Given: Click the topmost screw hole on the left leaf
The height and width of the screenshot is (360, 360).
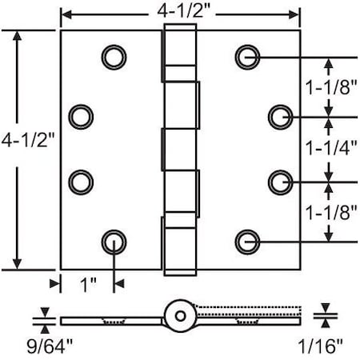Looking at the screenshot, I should point(114,56).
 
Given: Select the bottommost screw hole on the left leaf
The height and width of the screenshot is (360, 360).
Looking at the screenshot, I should point(114,241).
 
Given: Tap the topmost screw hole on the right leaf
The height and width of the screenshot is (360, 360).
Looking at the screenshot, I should point(247,56).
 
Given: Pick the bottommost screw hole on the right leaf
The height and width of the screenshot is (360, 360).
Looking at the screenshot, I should point(247,241).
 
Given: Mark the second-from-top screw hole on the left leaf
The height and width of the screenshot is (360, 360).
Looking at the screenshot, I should point(80,117).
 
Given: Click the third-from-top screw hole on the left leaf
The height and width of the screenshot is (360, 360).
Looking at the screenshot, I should point(80,182).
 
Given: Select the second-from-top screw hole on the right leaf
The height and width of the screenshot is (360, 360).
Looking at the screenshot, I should point(280,117).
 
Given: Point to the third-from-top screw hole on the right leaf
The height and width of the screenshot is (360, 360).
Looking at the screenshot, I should point(280,182).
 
